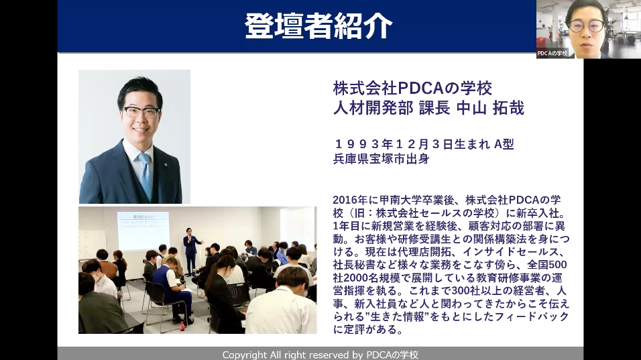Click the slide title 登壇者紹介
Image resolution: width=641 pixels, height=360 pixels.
[x=318, y=26]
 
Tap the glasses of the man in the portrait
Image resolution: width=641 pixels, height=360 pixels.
[x=141, y=112]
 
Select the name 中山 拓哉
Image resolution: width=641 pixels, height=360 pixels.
[x=489, y=108]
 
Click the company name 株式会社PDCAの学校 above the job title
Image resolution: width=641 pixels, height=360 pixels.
[x=412, y=88]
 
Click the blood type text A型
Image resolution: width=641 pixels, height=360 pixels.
[x=504, y=144]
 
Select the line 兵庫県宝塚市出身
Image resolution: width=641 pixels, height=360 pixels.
[x=382, y=158]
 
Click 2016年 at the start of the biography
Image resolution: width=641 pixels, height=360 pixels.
[x=350, y=200]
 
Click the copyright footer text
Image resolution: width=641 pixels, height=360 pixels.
[x=320, y=355]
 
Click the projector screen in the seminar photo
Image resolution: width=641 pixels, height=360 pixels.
[x=143, y=231]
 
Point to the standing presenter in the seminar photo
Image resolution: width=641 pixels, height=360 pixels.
[x=191, y=251]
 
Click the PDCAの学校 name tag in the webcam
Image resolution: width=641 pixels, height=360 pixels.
[x=552, y=53]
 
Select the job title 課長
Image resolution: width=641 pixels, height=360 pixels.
[x=434, y=108]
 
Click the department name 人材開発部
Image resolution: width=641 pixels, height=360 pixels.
[x=373, y=108]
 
